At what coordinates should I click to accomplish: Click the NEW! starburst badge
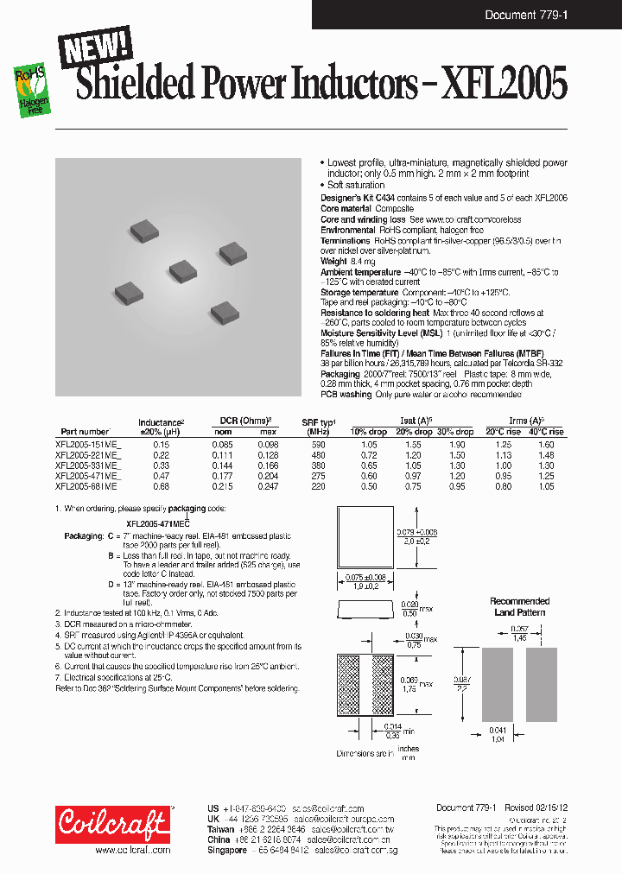click(95, 47)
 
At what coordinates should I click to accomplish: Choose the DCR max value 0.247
click(269, 486)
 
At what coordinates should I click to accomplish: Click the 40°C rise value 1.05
click(546, 486)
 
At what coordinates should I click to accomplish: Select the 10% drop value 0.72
click(369, 453)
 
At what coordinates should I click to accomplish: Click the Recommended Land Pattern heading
click(520, 606)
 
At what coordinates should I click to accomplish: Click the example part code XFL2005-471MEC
click(157, 524)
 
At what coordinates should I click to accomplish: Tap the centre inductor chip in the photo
click(183, 270)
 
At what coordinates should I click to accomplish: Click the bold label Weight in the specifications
click(333, 260)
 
